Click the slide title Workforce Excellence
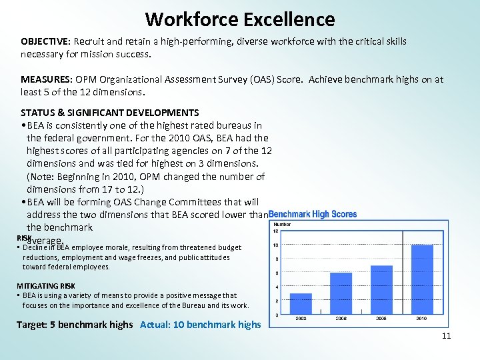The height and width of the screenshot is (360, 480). [240, 19]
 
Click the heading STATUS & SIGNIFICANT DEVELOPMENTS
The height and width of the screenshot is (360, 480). [109, 113]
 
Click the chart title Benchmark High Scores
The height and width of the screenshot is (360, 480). [313, 215]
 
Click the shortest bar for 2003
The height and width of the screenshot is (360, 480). [301, 303]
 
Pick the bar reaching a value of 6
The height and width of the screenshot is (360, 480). [341, 293]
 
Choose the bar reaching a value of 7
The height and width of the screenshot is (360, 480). [381, 289]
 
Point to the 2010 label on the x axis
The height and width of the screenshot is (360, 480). [422, 319]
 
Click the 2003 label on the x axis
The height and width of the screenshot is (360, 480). [301, 319]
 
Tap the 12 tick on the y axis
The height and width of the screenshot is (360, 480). [276, 231]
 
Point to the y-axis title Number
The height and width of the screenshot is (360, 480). [283, 225]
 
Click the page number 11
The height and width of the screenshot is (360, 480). [446, 336]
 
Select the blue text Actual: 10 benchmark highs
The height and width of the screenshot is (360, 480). [201, 325]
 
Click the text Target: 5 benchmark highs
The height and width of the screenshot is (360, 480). [74, 325]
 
